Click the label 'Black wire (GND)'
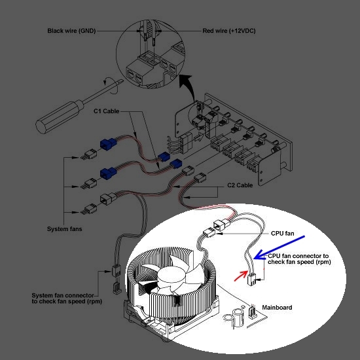pyautogui.click(x=71, y=31)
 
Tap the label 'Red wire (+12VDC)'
pyautogui.click(x=229, y=31)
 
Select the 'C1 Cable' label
pyautogui.click(x=106, y=111)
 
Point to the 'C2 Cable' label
pyautogui.click(x=240, y=185)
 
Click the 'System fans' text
pyautogui.click(x=65, y=229)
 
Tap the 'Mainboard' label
pyautogui.click(x=277, y=308)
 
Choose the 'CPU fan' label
pyautogui.click(x=282, y=233)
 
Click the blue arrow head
pyautogui.click(x=259, y=255)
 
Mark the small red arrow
pyautogui.click(x=241, y=276)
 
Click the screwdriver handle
pyautogui.click(x=59, y=117)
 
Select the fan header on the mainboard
pyautogui.click(x=252, y=312)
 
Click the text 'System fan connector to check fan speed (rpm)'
pyautogui.click(x=67, y=298)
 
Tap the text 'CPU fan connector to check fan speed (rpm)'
pyautogui.click(x=299, y=259)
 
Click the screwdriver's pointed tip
pyautogui.click(x=122, y=81)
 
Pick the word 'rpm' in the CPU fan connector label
pyautogui.click(x=323, y=262)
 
